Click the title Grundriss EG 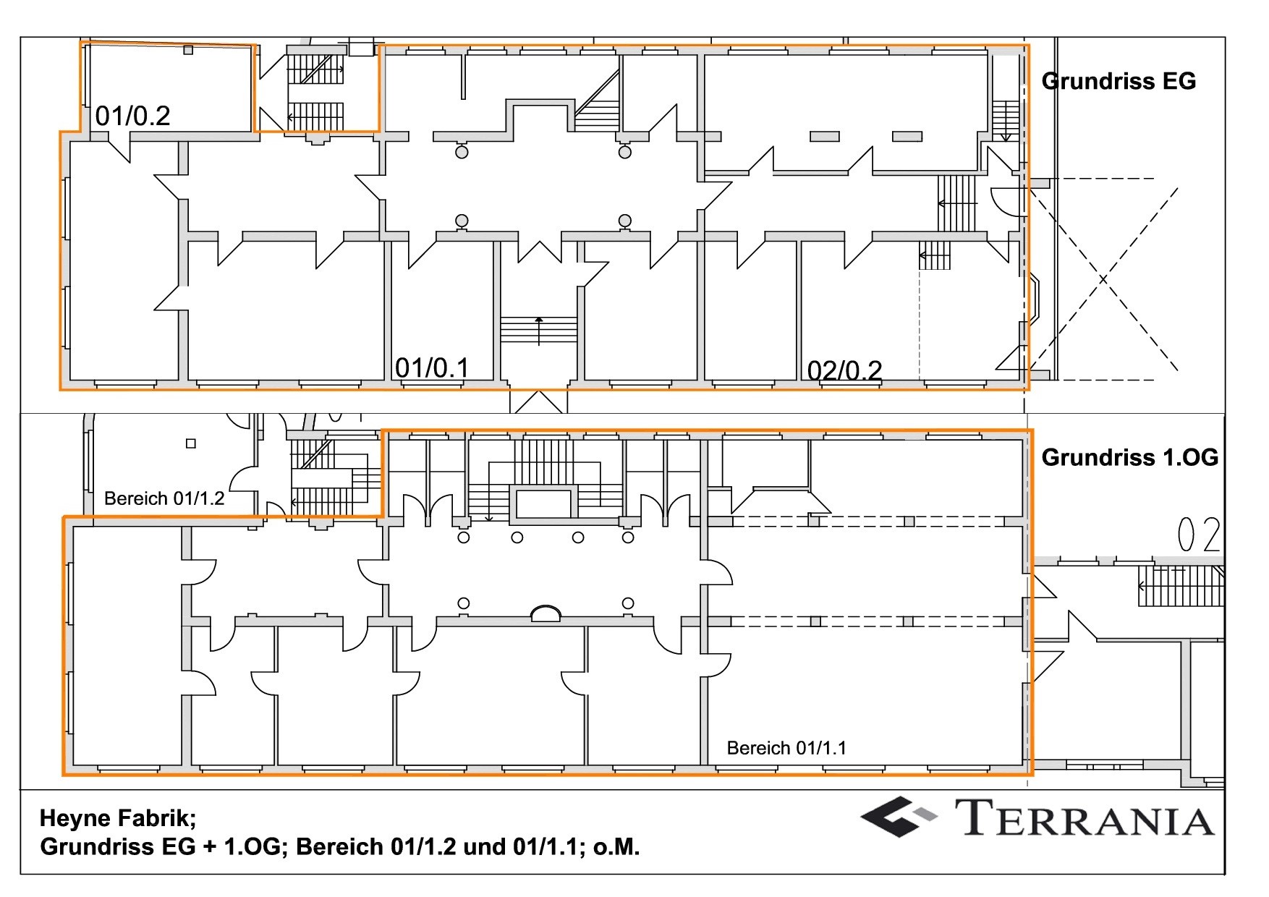point(1119,81)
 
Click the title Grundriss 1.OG point(1129,457)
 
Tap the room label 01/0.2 point(133,116)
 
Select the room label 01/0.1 point(432,367)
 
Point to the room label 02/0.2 point(844,370)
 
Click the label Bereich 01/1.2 point(164,498)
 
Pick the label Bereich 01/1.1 point(786,748)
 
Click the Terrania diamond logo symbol point(898,817)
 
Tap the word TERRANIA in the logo point(1087,818)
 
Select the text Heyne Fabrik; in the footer point(118,818)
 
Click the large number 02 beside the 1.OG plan point(1199,535)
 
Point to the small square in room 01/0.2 point(188,51)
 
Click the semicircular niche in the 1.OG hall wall point(546,613)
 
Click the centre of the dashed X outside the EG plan point(1103,279)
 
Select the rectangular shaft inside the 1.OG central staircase point(543,503)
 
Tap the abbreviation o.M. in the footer point(616,846)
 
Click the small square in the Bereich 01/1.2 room point(191,443)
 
